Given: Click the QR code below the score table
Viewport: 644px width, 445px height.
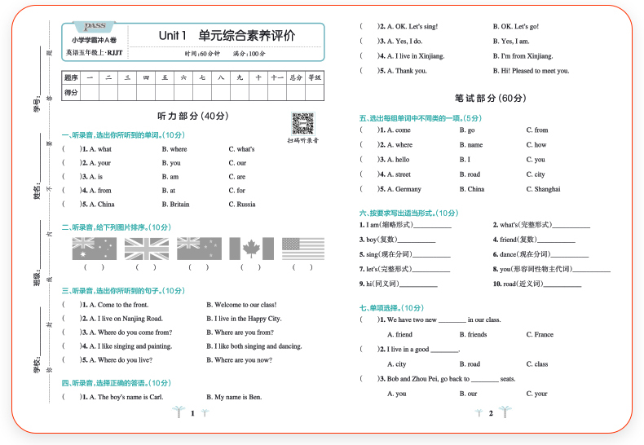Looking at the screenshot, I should [302, 123].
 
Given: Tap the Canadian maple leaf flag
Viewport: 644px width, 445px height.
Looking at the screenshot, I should [251, 249].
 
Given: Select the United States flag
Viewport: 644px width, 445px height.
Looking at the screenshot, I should [303, 249].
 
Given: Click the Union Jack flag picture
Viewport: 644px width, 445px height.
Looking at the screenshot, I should [146, 249].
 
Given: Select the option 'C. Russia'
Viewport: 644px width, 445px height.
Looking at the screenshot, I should [242, 204].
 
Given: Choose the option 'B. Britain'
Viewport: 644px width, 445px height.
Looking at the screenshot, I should [175, 204].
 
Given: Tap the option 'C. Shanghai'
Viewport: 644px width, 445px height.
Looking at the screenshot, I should [543, 189].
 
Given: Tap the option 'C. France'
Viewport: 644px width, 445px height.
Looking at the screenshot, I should [540, 334].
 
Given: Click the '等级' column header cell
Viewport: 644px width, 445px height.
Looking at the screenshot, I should [315, 78].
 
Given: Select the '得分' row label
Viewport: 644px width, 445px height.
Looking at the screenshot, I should [71, 93].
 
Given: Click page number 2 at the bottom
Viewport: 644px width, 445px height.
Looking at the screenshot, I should [491, 414].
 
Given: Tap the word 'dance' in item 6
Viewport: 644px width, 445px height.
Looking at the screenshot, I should [508, 254].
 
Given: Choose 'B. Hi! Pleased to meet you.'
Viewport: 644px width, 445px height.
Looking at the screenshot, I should [531, 71].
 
